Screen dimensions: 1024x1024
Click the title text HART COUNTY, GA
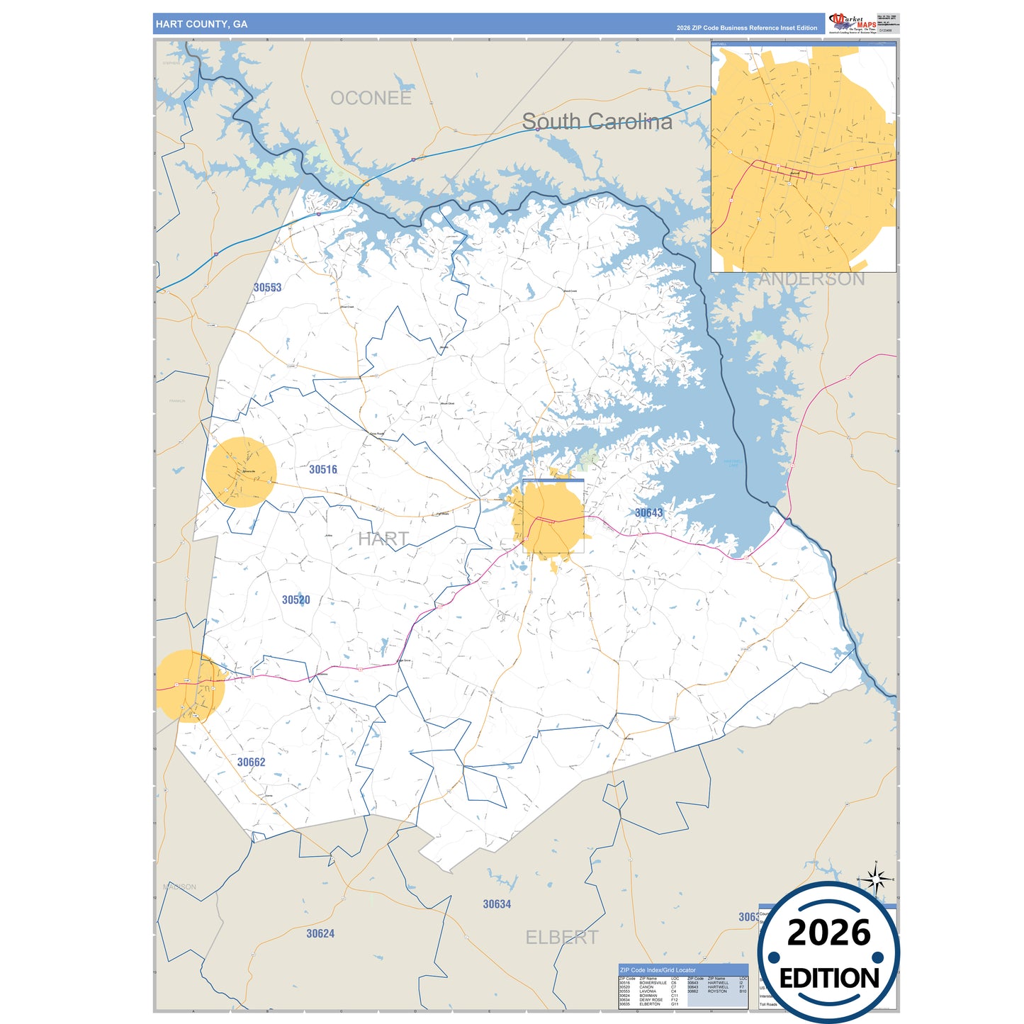(x=201, y=24)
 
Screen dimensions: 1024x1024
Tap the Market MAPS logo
(x=853, y=23)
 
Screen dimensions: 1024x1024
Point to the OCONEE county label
(x=371, y=99)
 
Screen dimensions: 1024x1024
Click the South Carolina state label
(x=597, y=122)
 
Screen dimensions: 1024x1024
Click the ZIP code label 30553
(x=268, y=288)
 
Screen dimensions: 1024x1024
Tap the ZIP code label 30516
(x=323, y=469)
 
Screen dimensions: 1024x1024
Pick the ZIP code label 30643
(x=648, y=513)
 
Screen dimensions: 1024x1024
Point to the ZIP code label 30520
(x=296, y=600)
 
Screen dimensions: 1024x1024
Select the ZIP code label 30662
(x=252, y=763)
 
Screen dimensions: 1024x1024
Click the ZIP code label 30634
(x=497, y=904)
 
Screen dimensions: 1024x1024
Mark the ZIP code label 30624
(x=320, y=934)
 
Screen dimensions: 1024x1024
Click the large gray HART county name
(x=383, y=539)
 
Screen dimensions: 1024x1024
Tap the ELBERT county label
(x=561, y=938)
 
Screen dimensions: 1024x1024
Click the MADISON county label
(x=180, y=887)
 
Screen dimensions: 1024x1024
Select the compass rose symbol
(x=877, y=880)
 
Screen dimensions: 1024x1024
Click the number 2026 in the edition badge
(x=828, y=933)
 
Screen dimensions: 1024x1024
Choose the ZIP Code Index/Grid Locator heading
(x=658, y=970)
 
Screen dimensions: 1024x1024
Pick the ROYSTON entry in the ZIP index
(x=717, y=991)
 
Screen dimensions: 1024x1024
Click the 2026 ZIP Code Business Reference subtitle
(x=746, y=28)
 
